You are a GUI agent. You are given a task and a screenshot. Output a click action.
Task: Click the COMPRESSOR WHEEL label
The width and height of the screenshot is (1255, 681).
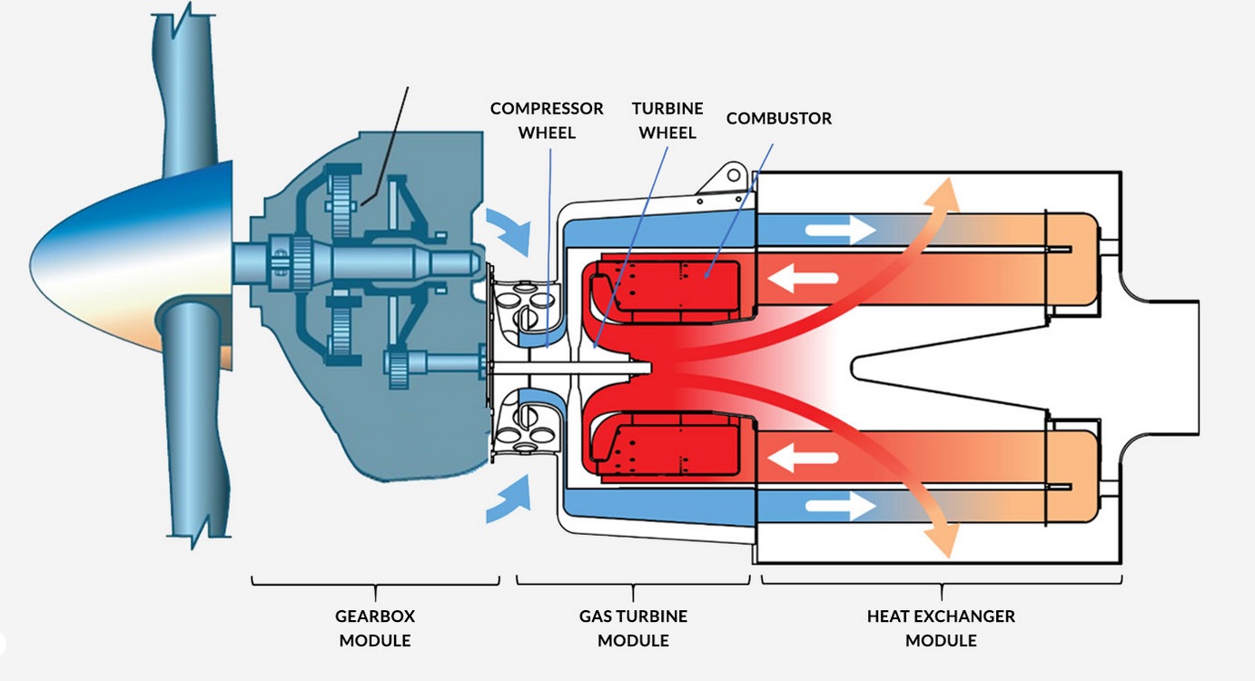pyautogui.click(x=547, y=121)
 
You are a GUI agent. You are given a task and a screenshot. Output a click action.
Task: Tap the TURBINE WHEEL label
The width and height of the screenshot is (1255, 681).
pyautogui.click(x=667, y=121)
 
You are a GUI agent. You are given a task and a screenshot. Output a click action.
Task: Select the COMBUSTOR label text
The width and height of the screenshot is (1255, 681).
pyautogui.click(x=779, y=118)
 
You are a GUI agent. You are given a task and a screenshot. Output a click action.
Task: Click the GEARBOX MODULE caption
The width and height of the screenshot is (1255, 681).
pyautogui.click(x=375, y=627)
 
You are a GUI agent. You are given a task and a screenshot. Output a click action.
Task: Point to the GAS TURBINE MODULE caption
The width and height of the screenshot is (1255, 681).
pyautogui.click(x=633, y=627)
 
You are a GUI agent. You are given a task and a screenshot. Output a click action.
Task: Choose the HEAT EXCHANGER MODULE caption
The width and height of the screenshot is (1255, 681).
pyautogui.click(x=941, y=627)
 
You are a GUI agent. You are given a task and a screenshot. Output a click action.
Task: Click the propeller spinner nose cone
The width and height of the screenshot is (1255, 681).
pyautogui.click(x=132, y=263)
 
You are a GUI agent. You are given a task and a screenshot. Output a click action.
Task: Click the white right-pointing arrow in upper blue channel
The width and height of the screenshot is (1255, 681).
pyautogui.click(x=841, y=230)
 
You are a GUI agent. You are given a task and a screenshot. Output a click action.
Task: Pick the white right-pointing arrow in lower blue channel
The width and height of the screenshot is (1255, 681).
pyautogui.click(x=841, y=506)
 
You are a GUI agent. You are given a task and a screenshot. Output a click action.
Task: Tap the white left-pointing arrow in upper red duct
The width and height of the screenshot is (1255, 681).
pyautogui.click(x=803, y=278)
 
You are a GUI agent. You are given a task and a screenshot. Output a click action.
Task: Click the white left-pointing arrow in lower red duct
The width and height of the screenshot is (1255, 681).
pyautogui.click(x=803, y=458)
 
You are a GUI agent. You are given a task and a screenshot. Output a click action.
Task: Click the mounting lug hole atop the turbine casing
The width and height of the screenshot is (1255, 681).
pyautogui.click(x=734, y=175)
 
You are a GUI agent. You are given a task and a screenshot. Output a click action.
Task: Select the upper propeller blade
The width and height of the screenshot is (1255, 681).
pyautogui.click(x=185, y=90)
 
